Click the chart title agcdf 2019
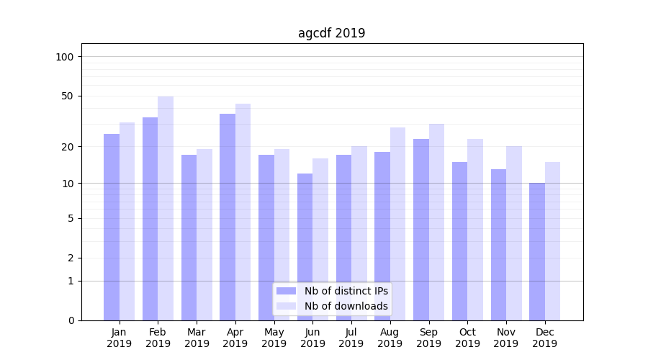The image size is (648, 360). [331, 33]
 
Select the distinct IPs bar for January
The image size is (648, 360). [112, 227]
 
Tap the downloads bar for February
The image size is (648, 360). [166, 209]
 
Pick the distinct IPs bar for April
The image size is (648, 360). [228, 216]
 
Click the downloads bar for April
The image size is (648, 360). [243, 212]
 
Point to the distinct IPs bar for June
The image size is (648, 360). [305, 247]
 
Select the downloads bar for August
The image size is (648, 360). [397, 223]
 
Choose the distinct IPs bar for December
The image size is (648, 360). [537, 252]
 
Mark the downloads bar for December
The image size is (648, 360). [553, 241]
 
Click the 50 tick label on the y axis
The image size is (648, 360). [68, 96]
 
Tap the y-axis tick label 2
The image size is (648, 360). [71, 258]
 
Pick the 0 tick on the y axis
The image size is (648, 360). [71, 320]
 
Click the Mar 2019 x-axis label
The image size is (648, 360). [197, 338]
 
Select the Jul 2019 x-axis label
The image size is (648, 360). [351, 338]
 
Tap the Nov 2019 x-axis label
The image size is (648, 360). [506, 338]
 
